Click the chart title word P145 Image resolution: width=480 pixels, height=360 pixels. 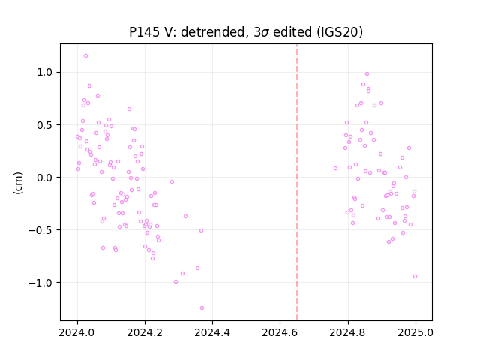coord(144,32)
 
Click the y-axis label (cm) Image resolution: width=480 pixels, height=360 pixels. coord(18,183)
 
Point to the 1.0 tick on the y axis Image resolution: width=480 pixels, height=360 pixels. coord(44,73)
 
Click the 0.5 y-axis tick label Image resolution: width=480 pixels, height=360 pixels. coord(44,125)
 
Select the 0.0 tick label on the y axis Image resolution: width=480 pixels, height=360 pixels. coord(44,178)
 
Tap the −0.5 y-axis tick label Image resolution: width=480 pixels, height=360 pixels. coord(40,230)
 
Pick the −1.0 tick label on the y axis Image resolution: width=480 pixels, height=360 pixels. coord(40,283)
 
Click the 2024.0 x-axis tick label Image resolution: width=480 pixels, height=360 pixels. coord(77,332)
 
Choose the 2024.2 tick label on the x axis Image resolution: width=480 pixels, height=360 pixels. coord(145,332)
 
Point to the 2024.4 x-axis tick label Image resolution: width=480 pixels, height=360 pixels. coord(212,332)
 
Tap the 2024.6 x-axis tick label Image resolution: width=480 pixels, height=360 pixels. coord(280,332)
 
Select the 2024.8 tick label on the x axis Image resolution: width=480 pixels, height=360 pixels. coord(348,332)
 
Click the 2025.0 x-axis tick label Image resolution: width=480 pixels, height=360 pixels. coord(415,332)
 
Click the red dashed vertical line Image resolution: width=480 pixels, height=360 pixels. coord(297,182)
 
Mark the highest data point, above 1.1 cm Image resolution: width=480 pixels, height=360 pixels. coord(85,56)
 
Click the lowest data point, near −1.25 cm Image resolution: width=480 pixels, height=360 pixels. coord(202,308)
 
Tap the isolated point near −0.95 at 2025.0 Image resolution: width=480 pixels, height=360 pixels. coord(415,277)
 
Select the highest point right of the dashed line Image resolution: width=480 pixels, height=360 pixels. coord(367,74)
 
